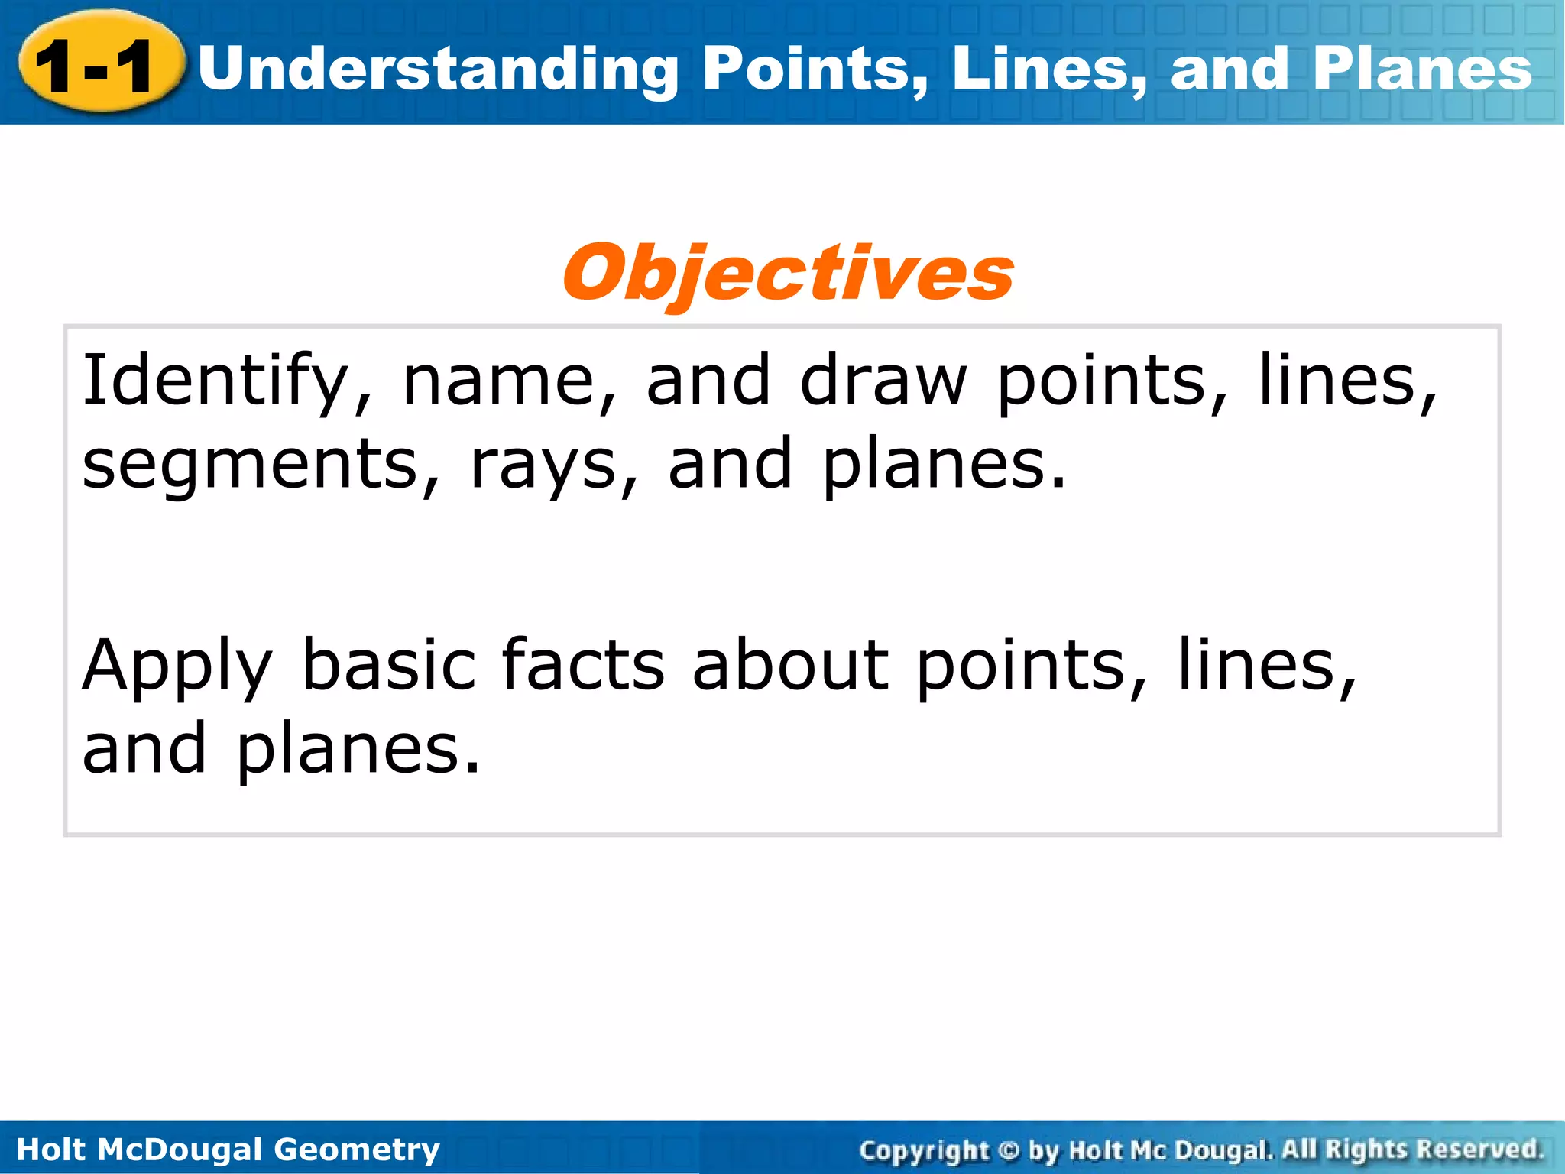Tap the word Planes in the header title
coord(1422,69)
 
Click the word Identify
coord(215,380)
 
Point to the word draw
coord(883,380)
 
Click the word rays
coord(543,465)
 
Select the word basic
coord(389,665)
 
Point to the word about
coord(791,665)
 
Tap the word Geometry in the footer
coord(356,1150)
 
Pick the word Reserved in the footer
coord(1478,1150)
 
